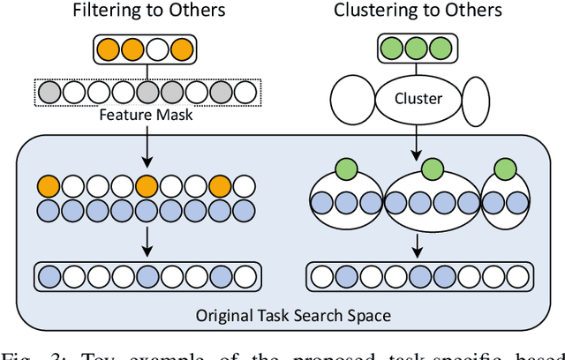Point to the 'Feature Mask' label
click(145, 115)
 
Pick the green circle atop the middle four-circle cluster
click(433, 169)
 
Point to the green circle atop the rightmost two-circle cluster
click(505, 169)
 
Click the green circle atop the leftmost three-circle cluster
click(347, 169)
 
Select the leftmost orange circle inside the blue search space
click(49, 186)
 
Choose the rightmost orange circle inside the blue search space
click(221, 186)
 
